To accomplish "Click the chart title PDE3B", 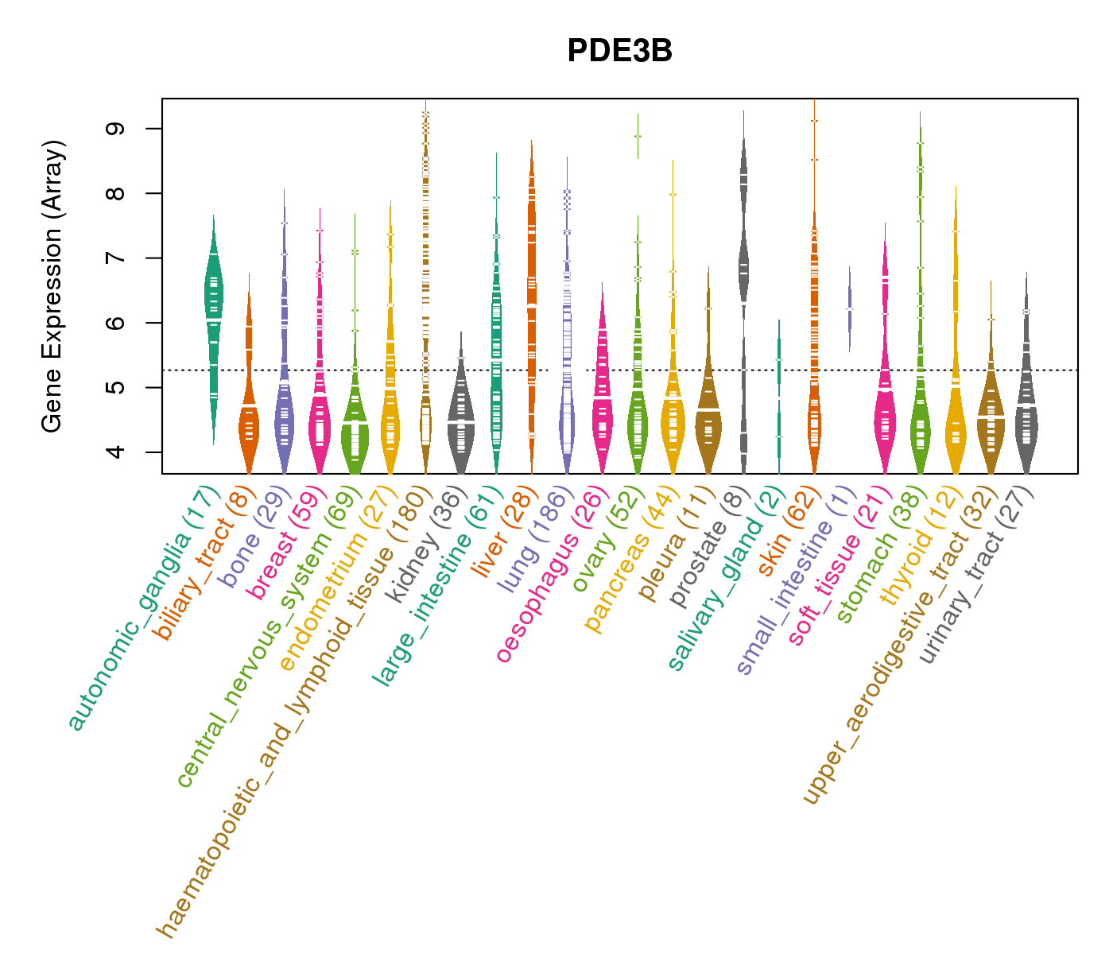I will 619,51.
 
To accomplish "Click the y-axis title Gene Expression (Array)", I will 52,287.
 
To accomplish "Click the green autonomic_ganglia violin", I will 213,302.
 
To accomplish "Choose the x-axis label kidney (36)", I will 423,545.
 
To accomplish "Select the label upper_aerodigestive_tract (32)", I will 898,644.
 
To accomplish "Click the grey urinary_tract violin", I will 1026,421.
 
